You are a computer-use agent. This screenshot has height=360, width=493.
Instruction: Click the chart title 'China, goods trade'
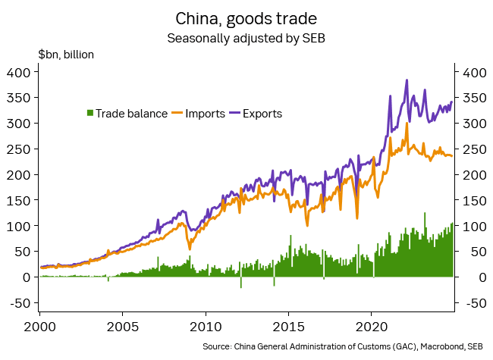[246, 17]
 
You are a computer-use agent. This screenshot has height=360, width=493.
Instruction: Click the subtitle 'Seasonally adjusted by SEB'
[246, 36]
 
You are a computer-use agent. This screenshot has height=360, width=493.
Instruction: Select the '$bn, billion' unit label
[66, 55]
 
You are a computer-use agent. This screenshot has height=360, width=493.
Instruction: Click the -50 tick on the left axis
[17, 303]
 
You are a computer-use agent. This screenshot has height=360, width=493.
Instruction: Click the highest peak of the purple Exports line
[407, 80]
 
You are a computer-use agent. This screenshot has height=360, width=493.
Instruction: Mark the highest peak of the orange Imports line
[407, 124]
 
